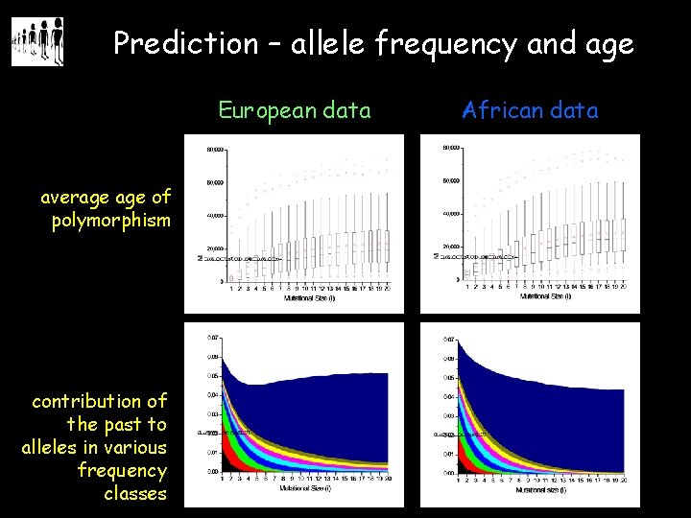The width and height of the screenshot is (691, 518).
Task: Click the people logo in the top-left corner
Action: pyautogui.click(x=37, y=42)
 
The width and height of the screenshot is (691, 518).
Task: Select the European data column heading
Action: pyautogui.click(x=294, y=110)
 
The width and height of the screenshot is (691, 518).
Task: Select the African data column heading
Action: pyautogui.click(x=530, y=110)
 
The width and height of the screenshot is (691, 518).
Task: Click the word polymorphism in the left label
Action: pyautogui.click(x=111, y=221)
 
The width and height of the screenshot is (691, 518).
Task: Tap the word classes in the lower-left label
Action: pyautogui.click(x=135, y=493)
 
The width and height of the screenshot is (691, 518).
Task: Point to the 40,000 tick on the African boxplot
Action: pyautogui.click(x=451, y=214)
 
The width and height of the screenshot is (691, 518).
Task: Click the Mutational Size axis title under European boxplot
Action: pyautogui.click(x=310, y=298)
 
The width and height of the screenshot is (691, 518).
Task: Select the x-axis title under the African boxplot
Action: pyautogui.click(x=545, y=296)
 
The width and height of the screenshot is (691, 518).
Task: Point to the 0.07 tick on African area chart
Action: pyautogui.click(x=449, y=339)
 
